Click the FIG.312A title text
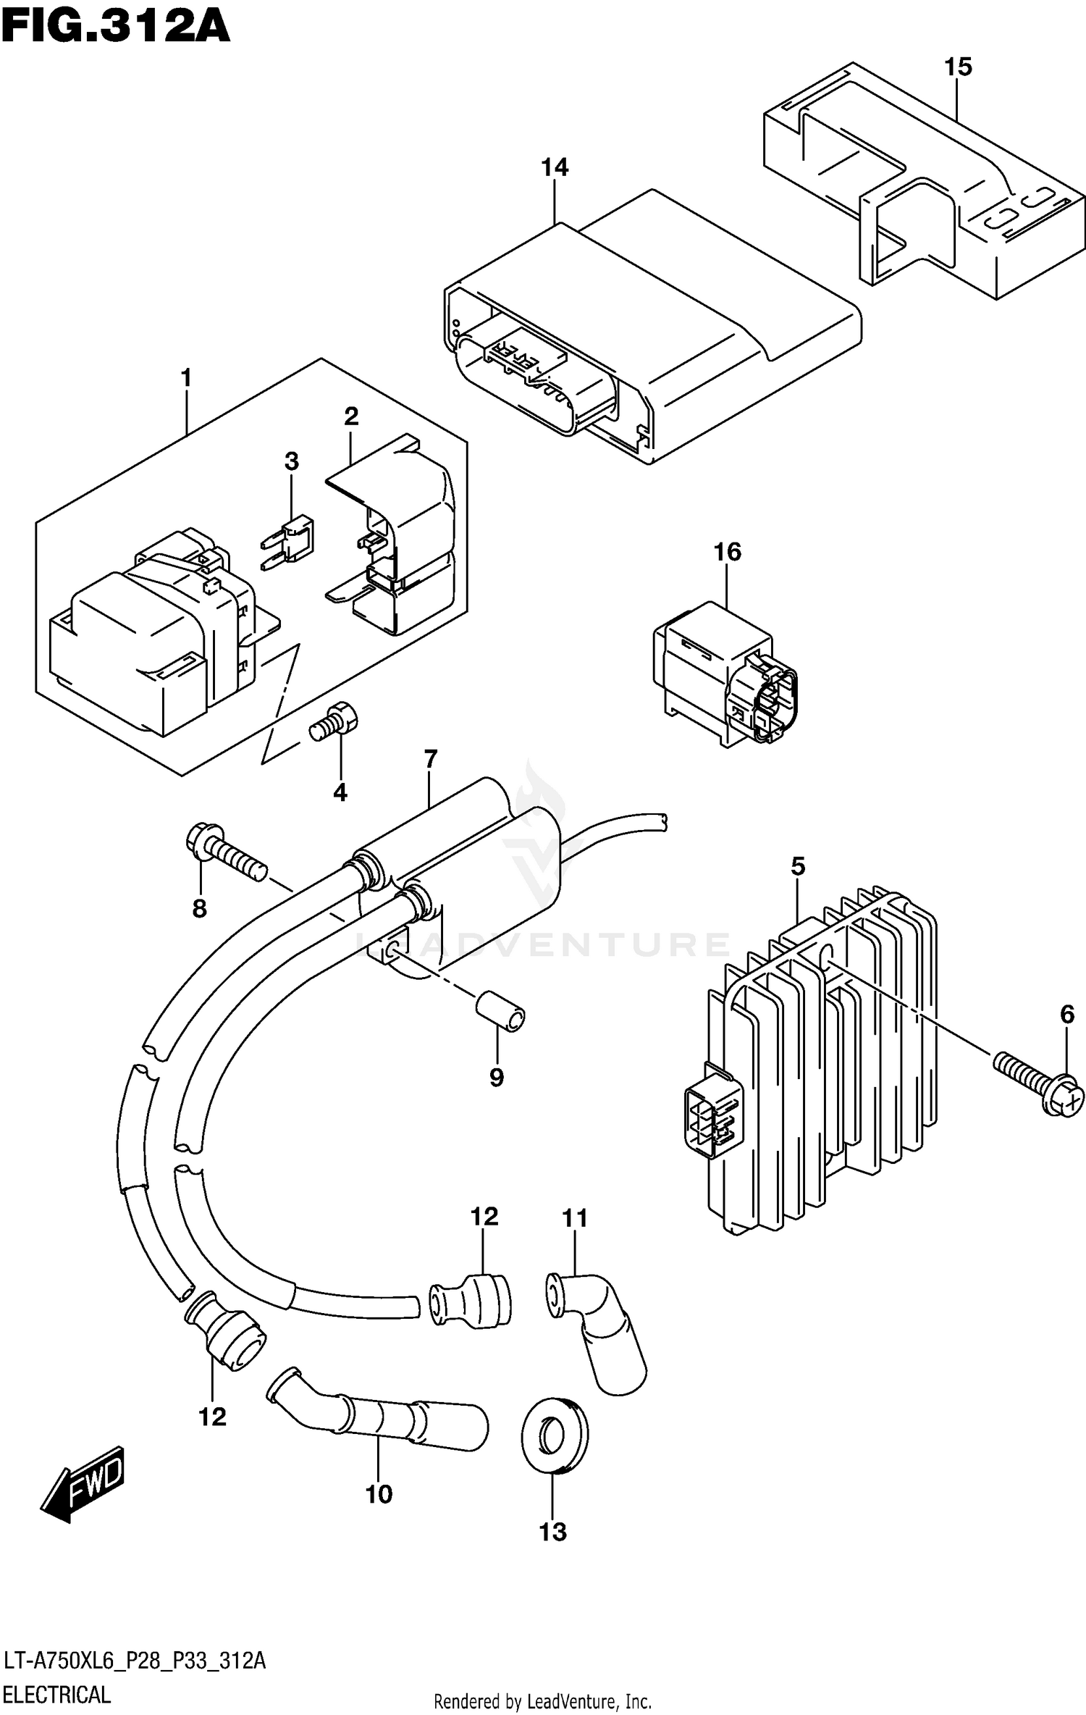click(116, 28)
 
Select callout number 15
click(957, 67)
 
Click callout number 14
click(555, 167)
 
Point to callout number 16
click(727, 552)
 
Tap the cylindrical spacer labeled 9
click(500, 1012)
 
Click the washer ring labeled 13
click(555, 1436)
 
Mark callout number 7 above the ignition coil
click(430, 760)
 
